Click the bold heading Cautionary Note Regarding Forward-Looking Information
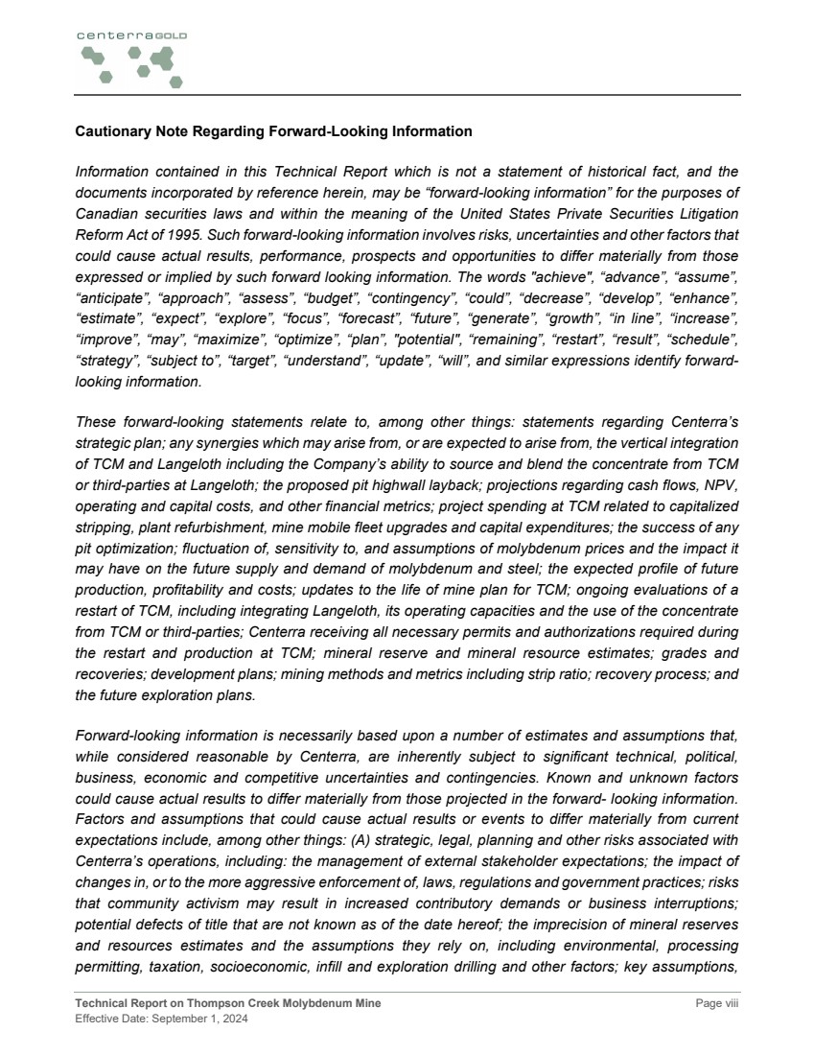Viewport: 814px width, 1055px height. (x=273, y=131)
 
